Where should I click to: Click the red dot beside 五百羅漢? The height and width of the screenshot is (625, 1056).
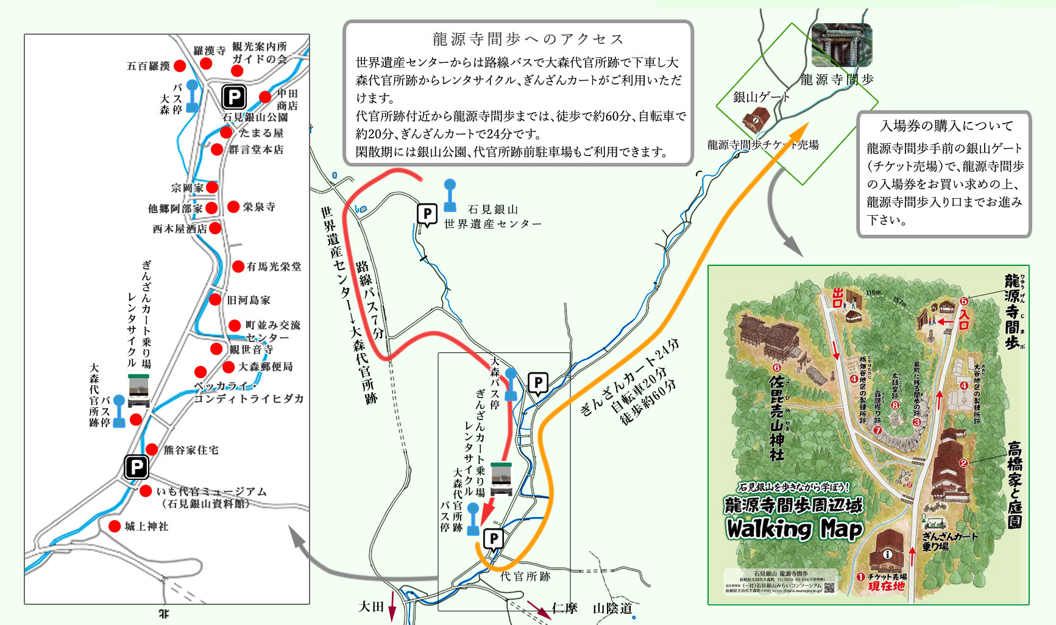point(179,66)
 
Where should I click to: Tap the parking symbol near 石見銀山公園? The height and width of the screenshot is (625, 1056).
point(234,96)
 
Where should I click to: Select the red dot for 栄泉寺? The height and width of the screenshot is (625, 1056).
point(233,207)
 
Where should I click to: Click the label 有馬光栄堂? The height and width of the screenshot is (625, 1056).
point(274,266)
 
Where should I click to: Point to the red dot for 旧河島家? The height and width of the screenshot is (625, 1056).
point(215,299)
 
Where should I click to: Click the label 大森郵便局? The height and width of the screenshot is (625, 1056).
point(265,366)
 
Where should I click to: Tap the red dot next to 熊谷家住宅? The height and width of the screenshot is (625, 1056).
point(152,449)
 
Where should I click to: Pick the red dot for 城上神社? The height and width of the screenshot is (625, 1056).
point(114,526)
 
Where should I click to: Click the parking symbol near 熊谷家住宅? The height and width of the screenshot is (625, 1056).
point(136,468)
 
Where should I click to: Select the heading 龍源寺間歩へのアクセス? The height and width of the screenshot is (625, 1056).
point(528,40)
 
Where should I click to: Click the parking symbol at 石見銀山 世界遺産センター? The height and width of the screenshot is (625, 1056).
point(427,215)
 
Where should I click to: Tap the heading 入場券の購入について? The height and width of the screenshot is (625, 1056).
point(946,126)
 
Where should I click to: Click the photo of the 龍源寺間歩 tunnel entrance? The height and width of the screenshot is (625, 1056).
point(842,45)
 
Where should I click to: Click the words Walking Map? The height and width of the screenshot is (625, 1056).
point(793,529)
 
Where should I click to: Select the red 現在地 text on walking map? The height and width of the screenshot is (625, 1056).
point(886,587)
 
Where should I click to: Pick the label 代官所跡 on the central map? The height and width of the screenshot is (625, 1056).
point(525,576)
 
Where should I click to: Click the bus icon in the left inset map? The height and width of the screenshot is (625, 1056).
point(138,391)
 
